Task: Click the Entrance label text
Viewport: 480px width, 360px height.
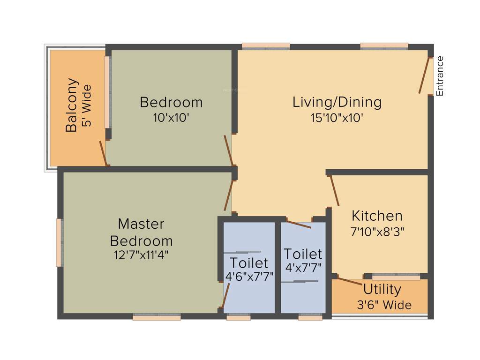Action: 440,76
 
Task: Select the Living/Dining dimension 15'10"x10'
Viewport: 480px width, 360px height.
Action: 337,118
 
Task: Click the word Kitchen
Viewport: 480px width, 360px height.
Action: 377,216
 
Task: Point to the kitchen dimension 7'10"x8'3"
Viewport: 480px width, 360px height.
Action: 377,231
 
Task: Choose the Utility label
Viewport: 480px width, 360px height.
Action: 382,289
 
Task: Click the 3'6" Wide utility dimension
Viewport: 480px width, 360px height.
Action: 384,305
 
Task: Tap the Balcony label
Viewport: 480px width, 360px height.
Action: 71,105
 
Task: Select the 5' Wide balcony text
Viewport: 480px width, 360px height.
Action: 86,106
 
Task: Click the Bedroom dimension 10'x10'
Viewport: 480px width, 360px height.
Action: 171,118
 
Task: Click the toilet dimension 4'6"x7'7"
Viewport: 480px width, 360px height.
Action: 249,277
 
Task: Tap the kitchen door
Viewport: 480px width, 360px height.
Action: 335,191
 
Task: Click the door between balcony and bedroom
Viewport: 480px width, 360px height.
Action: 103,153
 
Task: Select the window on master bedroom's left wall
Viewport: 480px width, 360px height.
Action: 60,242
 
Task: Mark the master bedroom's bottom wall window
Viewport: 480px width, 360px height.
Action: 157,317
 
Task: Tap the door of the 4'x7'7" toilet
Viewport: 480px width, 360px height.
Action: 299,224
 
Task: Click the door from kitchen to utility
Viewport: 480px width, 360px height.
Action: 350,281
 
